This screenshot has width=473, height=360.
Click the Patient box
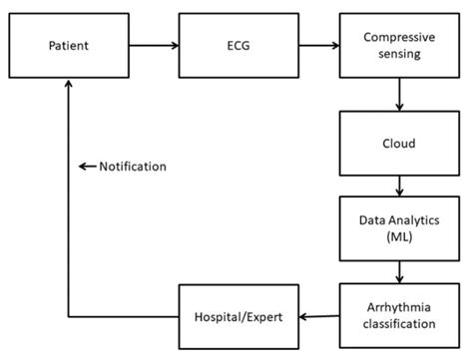click(69, 45)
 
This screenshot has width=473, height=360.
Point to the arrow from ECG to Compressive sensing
click(316, 45)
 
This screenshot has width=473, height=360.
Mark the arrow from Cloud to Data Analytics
click(400, 185)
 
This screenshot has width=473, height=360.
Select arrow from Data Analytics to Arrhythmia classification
click(400, 271)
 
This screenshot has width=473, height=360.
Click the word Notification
click(133, 167)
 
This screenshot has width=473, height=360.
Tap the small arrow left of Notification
click(87, 167)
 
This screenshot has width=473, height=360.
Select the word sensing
click(400, 55)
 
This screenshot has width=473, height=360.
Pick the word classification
click(400, 325)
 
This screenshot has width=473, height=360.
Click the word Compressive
click(400, 38)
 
